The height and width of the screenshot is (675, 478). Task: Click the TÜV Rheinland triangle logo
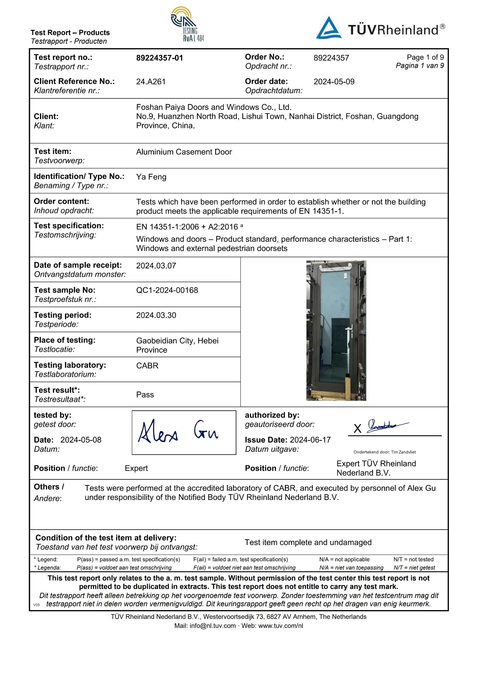coord(328,28)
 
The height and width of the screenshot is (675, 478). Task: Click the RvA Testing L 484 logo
coord(188,24)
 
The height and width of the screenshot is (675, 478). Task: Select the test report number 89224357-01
coord(160,58)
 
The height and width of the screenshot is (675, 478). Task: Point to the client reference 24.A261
coord(151,82)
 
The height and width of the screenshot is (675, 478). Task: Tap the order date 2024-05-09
coord(334,82)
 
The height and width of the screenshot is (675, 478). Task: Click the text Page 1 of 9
coord(425,57)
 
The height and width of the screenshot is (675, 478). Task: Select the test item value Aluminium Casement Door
coord(184,152)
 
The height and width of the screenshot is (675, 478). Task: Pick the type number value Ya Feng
coord(151,177)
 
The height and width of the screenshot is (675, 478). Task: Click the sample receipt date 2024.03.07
coord(156,266)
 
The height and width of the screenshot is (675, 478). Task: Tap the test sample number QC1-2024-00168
coord(167,290)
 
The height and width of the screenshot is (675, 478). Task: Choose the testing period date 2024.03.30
coord(156,315)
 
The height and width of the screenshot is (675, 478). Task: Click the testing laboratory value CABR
coord(147,366)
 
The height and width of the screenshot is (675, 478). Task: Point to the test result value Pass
coord(145,395)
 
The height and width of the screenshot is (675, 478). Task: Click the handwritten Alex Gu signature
coord(178,432)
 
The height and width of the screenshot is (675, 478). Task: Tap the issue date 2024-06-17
coord(310,440)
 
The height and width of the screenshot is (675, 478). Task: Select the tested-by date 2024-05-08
coord(81,440)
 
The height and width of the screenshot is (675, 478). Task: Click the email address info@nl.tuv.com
coord(213,626)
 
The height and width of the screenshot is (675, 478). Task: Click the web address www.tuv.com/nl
coord(280,626)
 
